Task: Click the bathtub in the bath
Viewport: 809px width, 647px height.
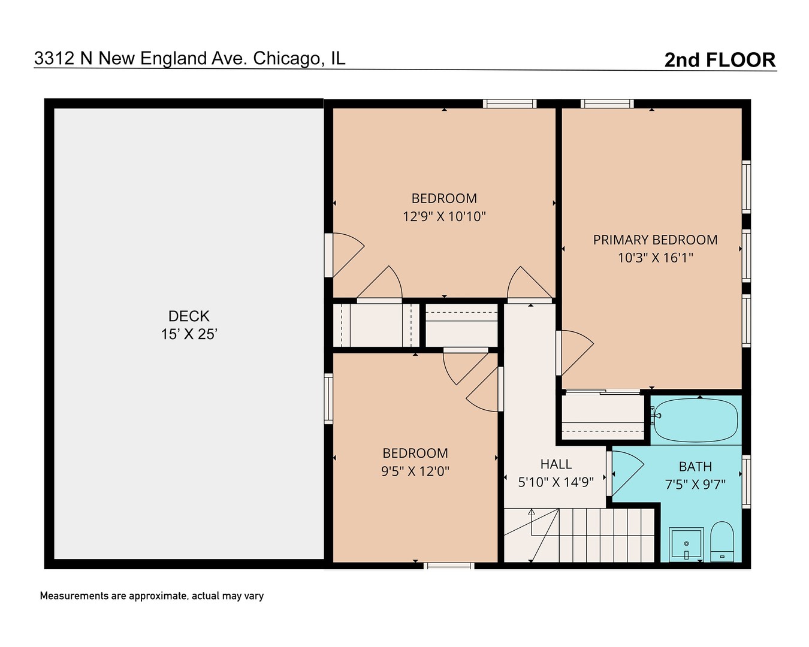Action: click(696, 419)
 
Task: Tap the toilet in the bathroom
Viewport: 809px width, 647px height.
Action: click(722, 541)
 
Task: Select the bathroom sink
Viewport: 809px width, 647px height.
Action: click(686, 544)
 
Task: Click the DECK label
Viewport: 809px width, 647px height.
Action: click(189, 316)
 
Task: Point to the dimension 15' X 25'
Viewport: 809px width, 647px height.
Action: click(189, 334)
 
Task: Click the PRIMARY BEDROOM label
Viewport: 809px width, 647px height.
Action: click(655, 240)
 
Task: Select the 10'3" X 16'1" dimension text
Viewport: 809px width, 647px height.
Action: click(655, 258)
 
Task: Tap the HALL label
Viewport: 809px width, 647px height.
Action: click(556, 464)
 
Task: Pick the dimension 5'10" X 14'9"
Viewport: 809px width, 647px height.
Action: click(556, 482)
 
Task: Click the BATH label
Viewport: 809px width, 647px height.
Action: click(695, 467)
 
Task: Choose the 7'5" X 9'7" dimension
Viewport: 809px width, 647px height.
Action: click(695, 485)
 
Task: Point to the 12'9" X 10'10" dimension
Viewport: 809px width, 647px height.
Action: click(444, 217)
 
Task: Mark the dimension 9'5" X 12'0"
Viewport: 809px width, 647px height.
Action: click(415, 471)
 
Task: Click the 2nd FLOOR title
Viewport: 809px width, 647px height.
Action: click(720, 60)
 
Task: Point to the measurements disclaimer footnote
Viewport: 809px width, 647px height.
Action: click(152, 596)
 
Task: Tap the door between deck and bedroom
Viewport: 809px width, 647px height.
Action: click(346, 255)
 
